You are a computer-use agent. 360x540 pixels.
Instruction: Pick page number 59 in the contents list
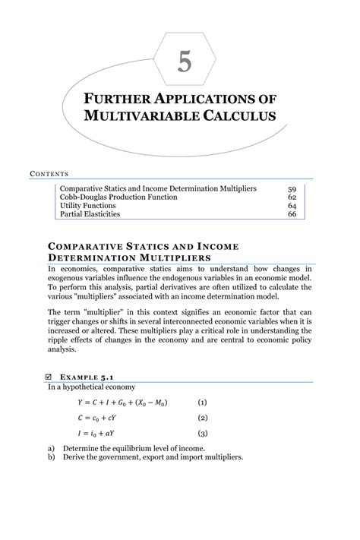pyautogui.click(x=292, y=188)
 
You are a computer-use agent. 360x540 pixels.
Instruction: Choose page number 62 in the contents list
pyautogui.click(x=292, y=197)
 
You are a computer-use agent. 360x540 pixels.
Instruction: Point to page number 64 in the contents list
pyautogui.click(x=292, y=206)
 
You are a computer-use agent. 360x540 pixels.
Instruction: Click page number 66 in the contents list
pyautogui.click(x=292, y=215)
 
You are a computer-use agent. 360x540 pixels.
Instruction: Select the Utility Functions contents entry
pyautogui.click(x=87, y=206)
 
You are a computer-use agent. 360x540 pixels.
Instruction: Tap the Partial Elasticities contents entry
pyautogui.click(x=90, y=215)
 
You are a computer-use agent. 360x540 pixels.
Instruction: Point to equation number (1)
pyautogui.click(x=202, y=402)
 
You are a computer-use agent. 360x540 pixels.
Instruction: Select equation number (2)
pyautogui.click(x=202, y=418)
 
